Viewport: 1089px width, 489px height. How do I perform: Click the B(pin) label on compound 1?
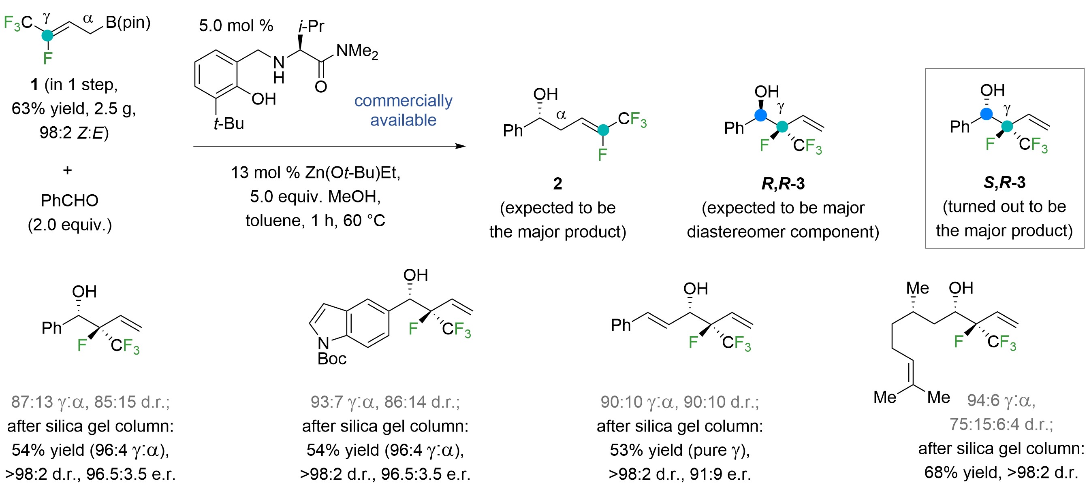tap(128, 22)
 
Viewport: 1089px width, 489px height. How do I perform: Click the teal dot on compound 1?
tap(47, 36)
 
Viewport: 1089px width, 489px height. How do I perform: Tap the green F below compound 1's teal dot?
tap(47, 58)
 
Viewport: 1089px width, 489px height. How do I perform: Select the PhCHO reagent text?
tap(69, 201)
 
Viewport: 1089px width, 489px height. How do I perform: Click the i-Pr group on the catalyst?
tap(311, 26)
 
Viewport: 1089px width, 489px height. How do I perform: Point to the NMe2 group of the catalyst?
tap(357, 51)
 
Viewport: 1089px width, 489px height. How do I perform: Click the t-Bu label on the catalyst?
tap(229, 124)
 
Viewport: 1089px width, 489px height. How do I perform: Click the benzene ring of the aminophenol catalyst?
tap(216, 75)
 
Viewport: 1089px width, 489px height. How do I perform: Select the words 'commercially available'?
tap(403, 110)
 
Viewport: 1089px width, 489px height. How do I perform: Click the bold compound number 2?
tap(557, 184)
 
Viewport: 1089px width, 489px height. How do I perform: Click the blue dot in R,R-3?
tap(760, 115)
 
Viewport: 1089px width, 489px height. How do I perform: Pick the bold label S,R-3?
tap(1004, 183)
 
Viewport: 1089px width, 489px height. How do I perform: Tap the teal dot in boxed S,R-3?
tap(1007, 126)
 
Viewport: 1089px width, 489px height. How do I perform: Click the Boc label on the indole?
tap(332, 359)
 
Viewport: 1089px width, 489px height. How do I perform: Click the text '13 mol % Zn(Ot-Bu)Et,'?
tap(315, 173)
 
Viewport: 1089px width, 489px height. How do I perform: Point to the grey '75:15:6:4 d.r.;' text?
tap(1001, 424)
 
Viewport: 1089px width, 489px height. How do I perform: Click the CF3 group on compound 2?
tap(632, 119)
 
